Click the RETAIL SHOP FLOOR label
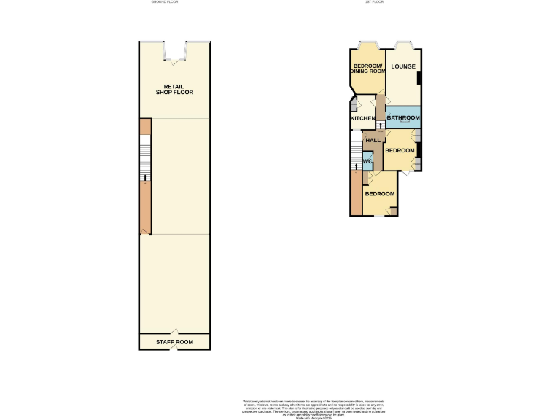pos(174,90)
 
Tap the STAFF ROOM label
pos(174,341)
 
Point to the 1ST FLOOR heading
pos(374,2)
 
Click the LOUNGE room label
pos(402,67)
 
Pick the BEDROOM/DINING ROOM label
pos(368,68)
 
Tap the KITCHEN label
pos(363,118)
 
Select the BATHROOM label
pos(403,117)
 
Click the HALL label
pos(373,140)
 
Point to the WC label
pos(368,160)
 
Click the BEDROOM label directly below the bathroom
pos(400,151)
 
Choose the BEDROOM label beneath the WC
pos(380,194)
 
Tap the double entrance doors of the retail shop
pos(175,50)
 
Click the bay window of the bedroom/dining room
pos(367,44)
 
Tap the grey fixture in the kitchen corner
pos(354,109)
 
